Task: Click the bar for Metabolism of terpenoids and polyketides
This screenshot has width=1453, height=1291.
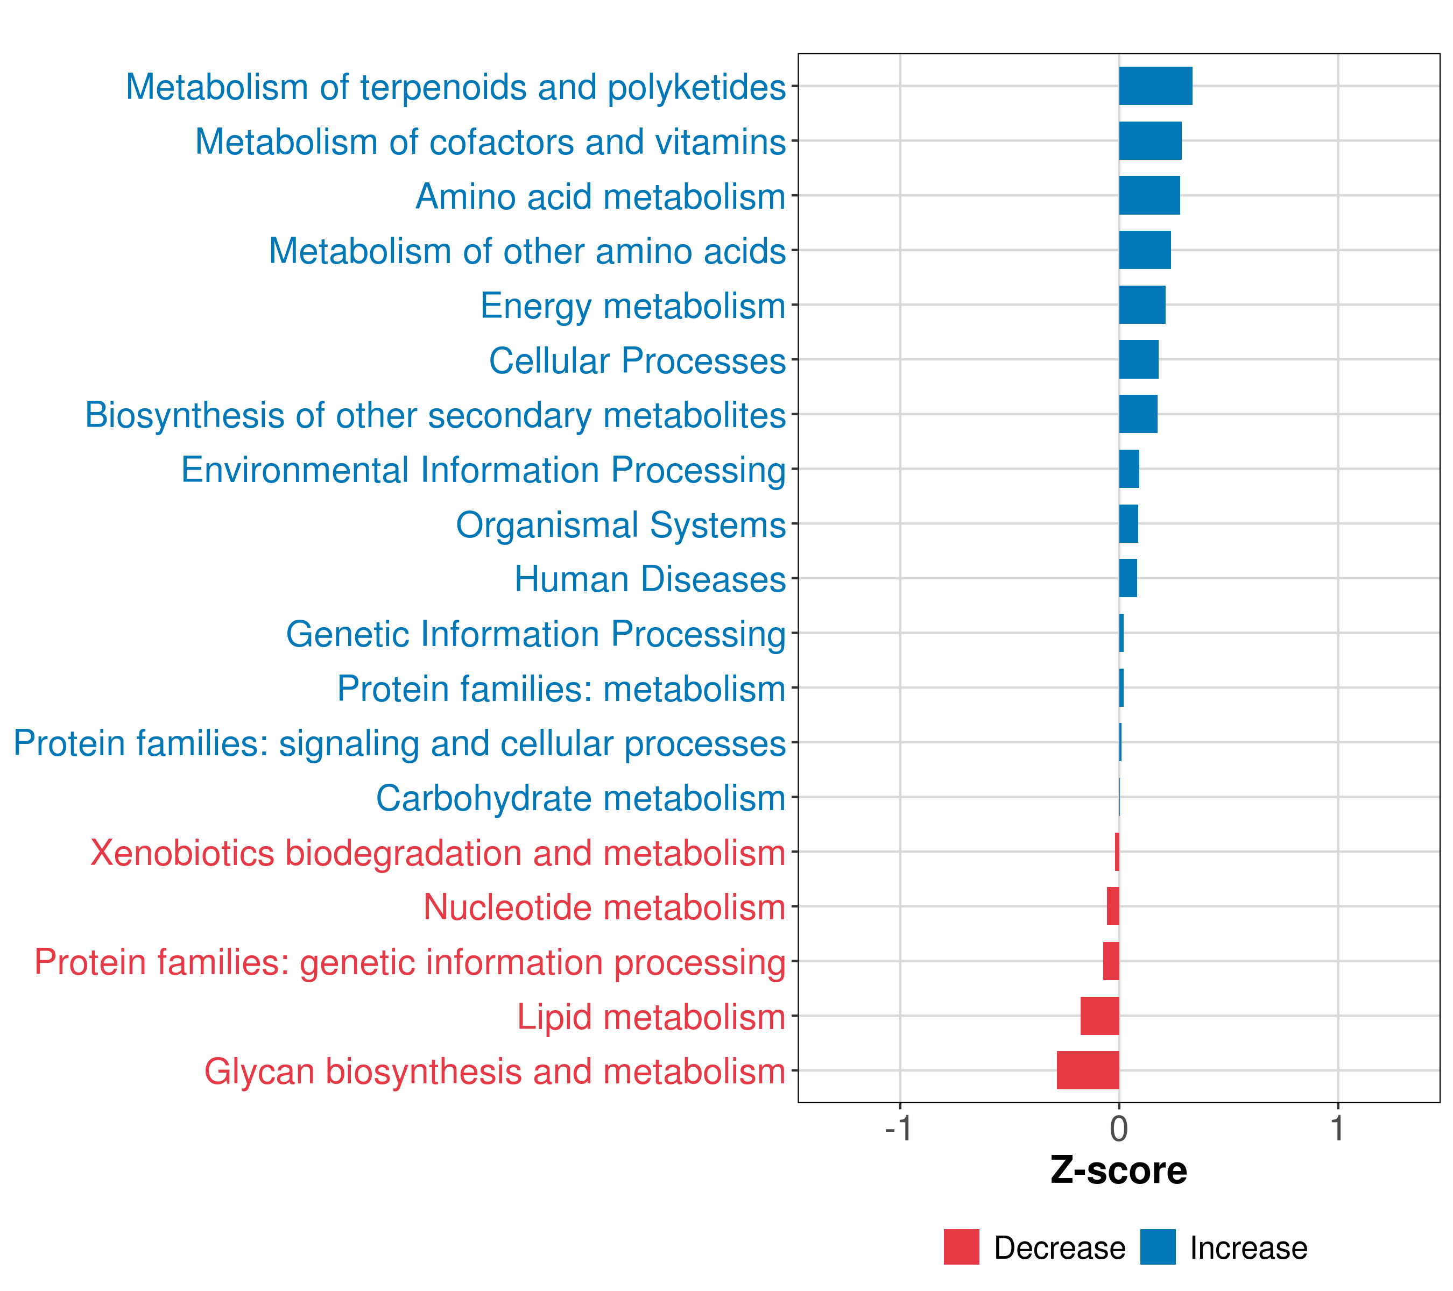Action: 1155,86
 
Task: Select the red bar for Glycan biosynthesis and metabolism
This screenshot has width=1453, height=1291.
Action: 1088,1070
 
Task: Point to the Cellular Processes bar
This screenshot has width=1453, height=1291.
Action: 1138,359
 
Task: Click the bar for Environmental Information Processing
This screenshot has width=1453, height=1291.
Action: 1129,469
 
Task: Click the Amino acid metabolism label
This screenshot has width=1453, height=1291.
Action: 600,197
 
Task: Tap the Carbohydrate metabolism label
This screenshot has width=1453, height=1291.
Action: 580,798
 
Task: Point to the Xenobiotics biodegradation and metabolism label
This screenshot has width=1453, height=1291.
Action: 437,853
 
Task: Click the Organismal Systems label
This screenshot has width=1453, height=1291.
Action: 620,525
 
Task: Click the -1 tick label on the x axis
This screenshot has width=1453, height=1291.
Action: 899,1129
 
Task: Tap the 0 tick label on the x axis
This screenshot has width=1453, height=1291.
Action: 1119,1129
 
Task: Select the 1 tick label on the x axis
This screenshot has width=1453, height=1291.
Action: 1337,1129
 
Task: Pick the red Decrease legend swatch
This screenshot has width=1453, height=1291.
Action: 961,1247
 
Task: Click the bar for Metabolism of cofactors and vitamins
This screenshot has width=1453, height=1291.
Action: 1150,141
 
